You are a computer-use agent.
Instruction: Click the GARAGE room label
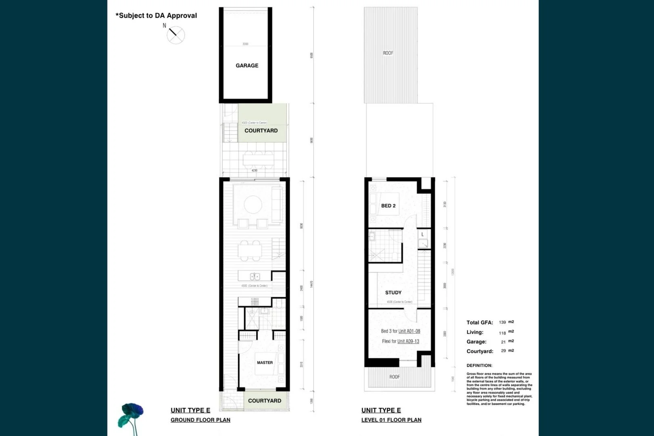pyautogui.click(x=247, y=65)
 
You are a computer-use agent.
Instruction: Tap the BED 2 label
pyautogui.click(x=388, y=206)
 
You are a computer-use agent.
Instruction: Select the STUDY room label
pyautogui.click(x=393, y=293)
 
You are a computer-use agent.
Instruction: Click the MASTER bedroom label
pyautogui.click(x=265, y=363)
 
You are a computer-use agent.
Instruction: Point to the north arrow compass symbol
pyautogui.click(x=176, y=35)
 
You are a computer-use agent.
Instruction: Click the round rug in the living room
pyautogui.click(x=253, y=204)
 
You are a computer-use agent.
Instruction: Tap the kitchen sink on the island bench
pyautogui.click(x=255, y=277)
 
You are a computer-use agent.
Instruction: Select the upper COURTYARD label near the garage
pyautogui.click(x=261, y=131)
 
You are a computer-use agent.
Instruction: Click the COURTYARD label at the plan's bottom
pyautogui.click(x=264, y=401)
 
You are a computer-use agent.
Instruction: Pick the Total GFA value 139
pyautogui.click(x=502, y=323)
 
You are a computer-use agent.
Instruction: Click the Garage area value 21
pyautogui.click(x=503, y=342)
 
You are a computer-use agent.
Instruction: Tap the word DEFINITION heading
pyautogui.click(x=479, y=365)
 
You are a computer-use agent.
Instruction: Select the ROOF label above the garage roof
pyautogui.click(x=388, y=53)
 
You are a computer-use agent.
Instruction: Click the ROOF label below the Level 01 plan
pyautogui.click(x=395, y=377)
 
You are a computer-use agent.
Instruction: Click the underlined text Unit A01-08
pyautogui.click(x=409, y=331)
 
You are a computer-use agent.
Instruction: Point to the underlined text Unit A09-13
pyautogui.click(x=408, y=341)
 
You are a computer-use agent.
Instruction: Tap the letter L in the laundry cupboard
pyautogui.click(x=422, y=235)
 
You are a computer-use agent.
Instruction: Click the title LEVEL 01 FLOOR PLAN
pyautogui.click(x=391, y=420)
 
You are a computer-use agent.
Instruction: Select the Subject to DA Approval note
pyautogui.click(x=156, y=16)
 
